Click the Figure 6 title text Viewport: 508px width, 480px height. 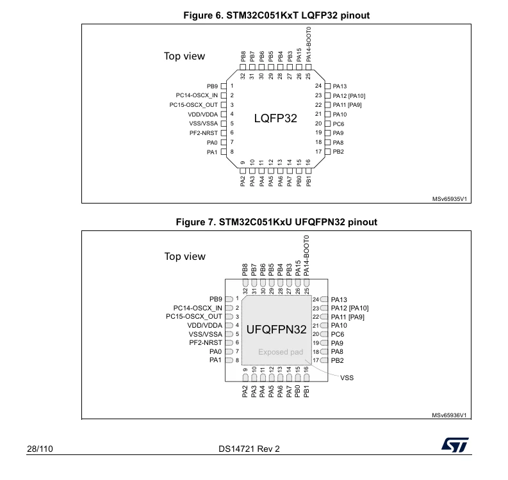pyautogui.click(x=276, y=15)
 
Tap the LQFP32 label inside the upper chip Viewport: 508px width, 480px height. pyautogui.click(x=275, y=118)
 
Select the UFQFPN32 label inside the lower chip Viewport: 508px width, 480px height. pyautogui.click(x=276, y=329)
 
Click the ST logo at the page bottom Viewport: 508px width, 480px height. pyautogui.click(x=455, y=445)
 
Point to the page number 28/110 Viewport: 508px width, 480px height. pyautogui.click(x=40, y=449)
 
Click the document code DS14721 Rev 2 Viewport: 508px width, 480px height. pyautogui.click(x=249, y=449)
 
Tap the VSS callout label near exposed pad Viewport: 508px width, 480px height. pyautogui.click(x=347, y=378)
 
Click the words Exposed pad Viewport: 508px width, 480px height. pyautogui.click(x=281, y=352)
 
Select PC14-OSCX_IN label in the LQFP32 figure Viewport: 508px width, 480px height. pyautogui.click(x=197, y=95)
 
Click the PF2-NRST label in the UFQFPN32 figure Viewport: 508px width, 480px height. pyautogui.click(x=206, y=342)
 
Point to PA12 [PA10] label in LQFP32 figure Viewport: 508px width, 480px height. pyautogui.click(x=349, y=96)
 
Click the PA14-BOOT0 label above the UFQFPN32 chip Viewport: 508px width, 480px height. pyautogui.click(x=306, y=256)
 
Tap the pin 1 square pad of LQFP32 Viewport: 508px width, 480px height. pyautogui.click(x=224, y=86)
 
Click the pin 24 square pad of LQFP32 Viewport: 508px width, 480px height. pyautogui.click(x=327, y=86)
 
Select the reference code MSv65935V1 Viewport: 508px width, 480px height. pyautogui.click(x=449, y=199)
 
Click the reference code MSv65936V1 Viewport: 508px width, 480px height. pyautogui.click(x=449, y=415)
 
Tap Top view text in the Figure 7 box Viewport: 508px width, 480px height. pyautogui.click(x=184, y=257)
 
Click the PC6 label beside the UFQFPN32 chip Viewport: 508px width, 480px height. pyautogui.click(x=337, y=334)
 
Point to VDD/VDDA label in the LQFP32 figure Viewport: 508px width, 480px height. pyautogui.click(x=203, y=115)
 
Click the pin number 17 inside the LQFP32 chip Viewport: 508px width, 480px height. pyautogui.click(x=318, y=152)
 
